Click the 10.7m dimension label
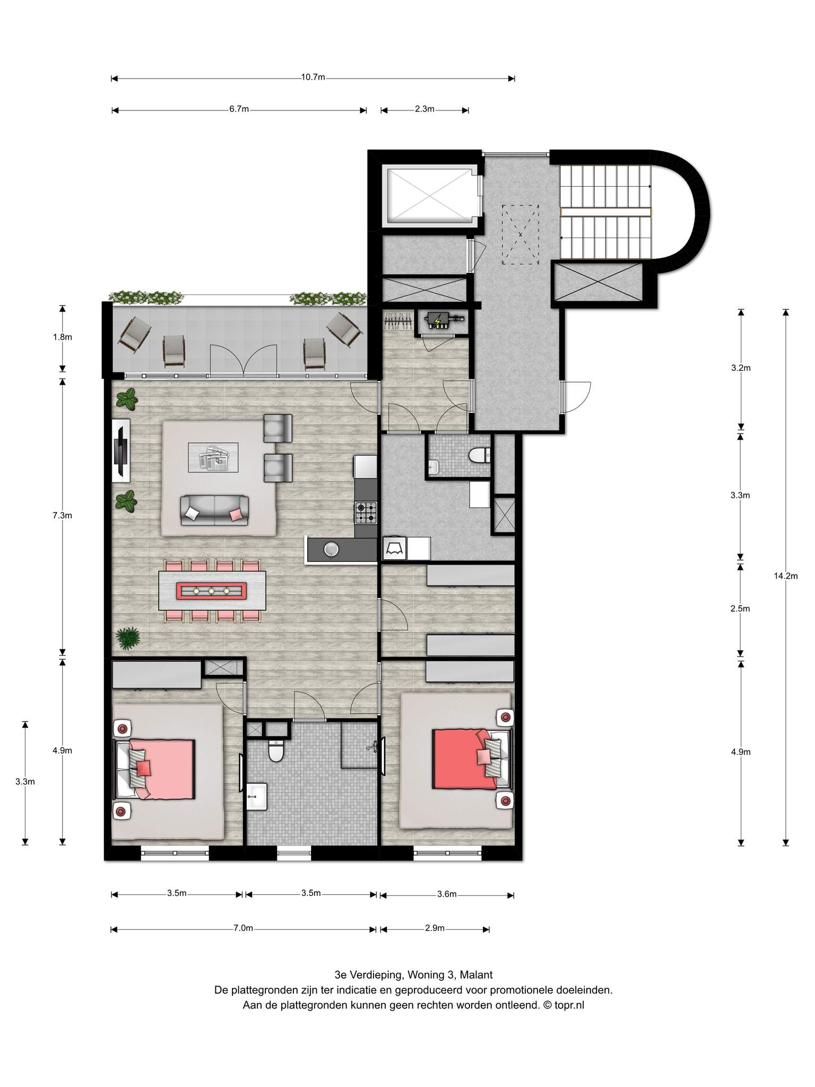[313, 77]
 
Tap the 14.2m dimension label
[786, 576]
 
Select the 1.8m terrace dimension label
[63, 337]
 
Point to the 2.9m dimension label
[435, 928]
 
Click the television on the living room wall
[122, 451]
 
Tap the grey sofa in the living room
[214, 511]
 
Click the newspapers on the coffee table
[213, 458]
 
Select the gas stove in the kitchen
[366, 512]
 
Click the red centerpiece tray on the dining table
[211, 591]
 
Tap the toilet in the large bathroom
[276, 749]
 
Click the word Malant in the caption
[476, 975]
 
